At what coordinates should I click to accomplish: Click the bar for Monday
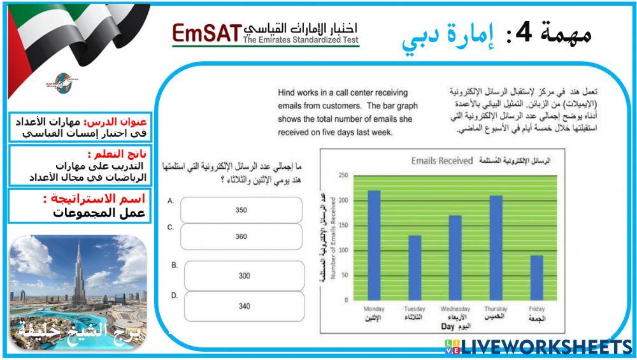(x=374, y=245)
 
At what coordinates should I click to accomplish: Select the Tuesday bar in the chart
(x=415, y=268)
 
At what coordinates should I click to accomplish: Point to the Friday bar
(x=537, y=277)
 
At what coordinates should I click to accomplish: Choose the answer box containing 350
(x=241, y=210)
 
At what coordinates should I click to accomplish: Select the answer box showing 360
(x=241, y=236)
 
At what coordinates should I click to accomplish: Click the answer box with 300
(x=245, y=276)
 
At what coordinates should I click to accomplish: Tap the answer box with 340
(x=245, y=306)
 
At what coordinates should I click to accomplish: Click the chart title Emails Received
(x=442, y=161)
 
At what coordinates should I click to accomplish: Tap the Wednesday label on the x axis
(x=455, y=309)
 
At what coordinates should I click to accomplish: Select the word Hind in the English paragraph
(x=286, y=93)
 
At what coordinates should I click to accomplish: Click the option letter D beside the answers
(x=174, y=296)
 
